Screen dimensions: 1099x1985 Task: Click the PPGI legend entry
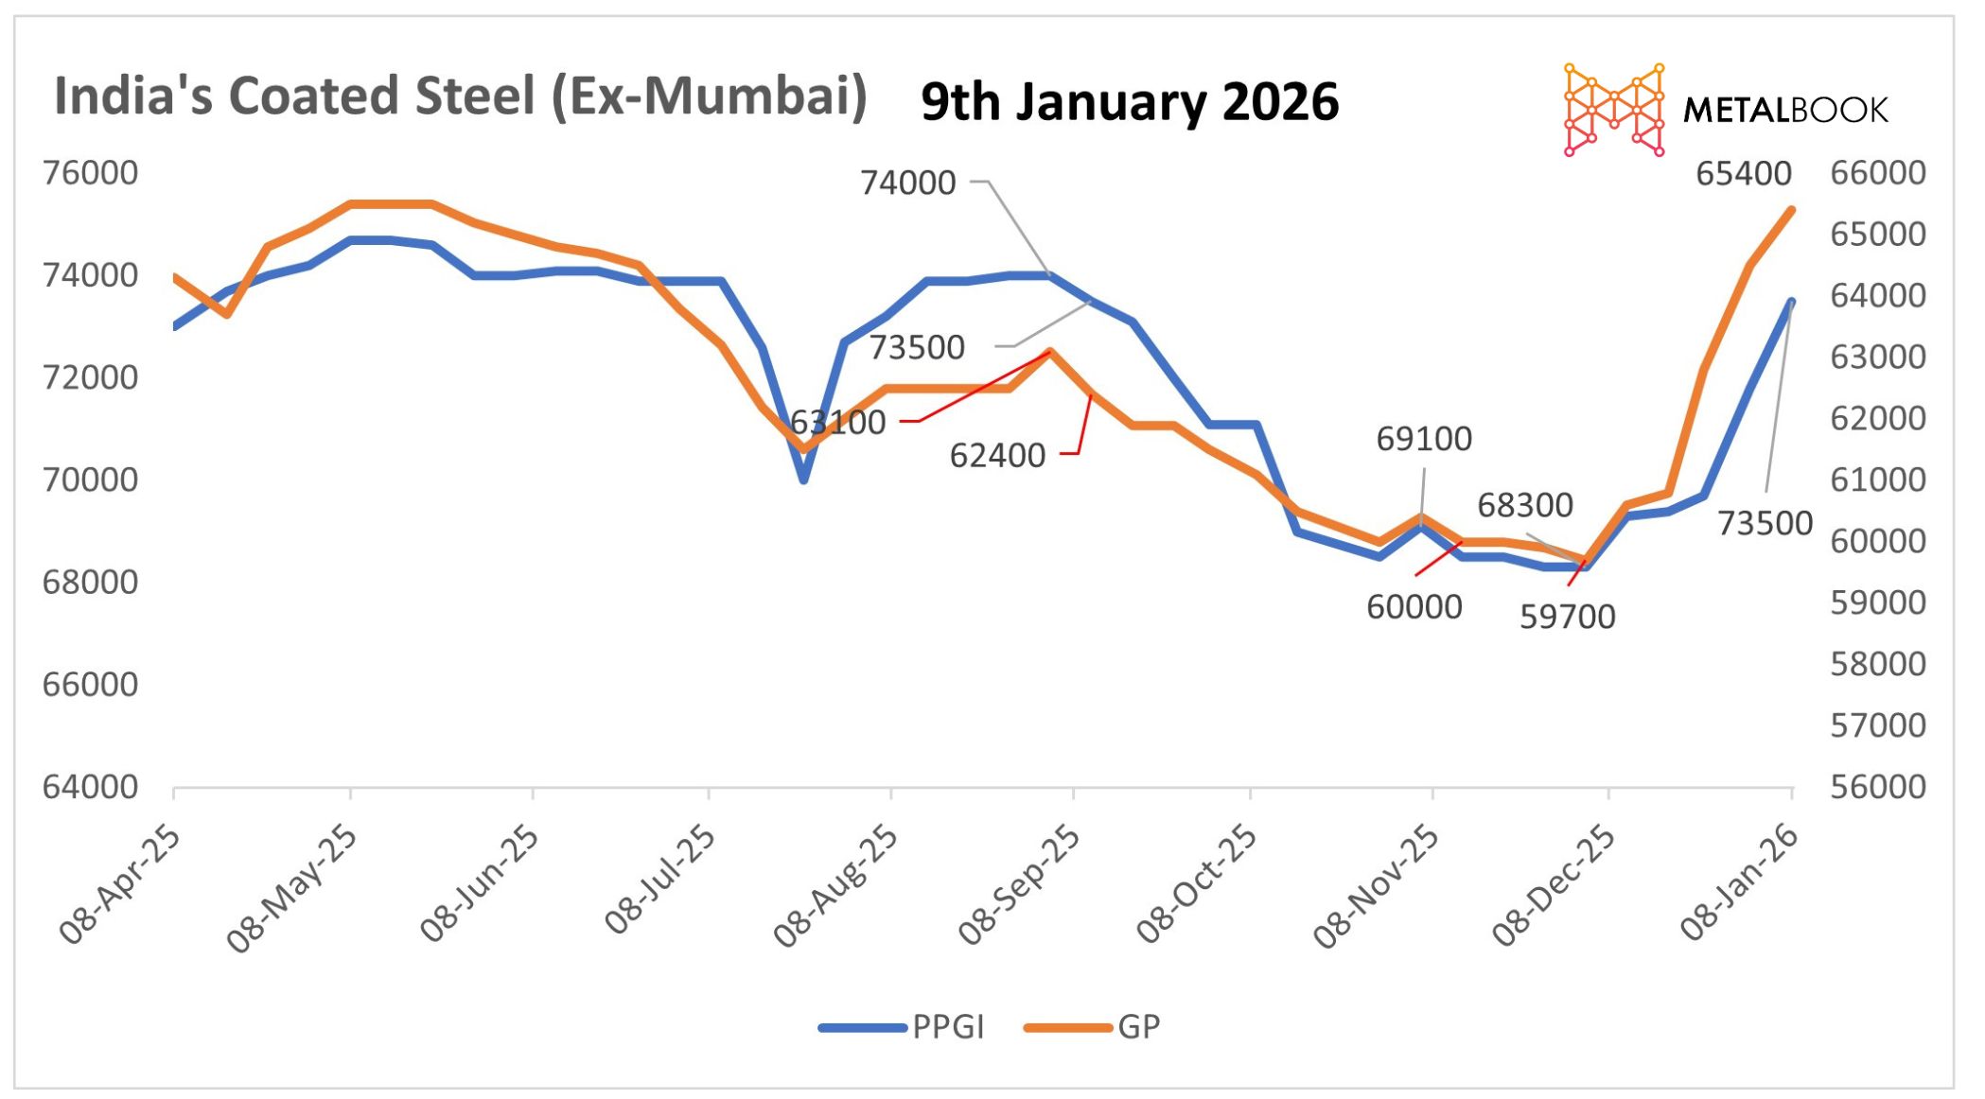pyautogui.click(x=947, y=1026)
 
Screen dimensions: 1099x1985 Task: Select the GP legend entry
pyautogui.click(x=1138, y=1026)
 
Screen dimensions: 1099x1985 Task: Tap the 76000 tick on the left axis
pyautogui.click(x=90, y=173)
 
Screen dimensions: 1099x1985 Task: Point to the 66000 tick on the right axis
pyautogui.click(x=1877, y=173)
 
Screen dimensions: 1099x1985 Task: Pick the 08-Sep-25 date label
pyautogui.click(x=1019, y=884)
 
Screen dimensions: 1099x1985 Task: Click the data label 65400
pyautogui.click(x=1743, y=174)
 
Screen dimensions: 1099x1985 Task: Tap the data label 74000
pyautogui.click(x=907, y=183)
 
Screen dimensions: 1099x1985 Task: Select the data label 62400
pyautogui.click(x=997, y=456)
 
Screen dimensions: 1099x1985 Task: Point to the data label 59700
pyautogui.click(x=1567, y=617)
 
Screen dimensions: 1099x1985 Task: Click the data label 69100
pyautogui.click(x=1423, y=439)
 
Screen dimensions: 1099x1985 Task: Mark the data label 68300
pyautogui.click(x=1524, y=505)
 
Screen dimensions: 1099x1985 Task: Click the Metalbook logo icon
pyautogui.click(x=1613, y=110)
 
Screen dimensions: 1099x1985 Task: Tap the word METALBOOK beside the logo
pyautogui.click(x=1784, y=111)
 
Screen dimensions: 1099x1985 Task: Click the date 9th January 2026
pyautogui.click(x=1130, y=102)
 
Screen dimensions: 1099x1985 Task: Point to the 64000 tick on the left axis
pyautogui.click(x=90, y=787)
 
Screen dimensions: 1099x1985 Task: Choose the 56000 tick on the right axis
pyautogui.click(x=1877, y=787)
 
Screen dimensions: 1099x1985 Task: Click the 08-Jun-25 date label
pyautogui.click(x=480, y=884)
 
